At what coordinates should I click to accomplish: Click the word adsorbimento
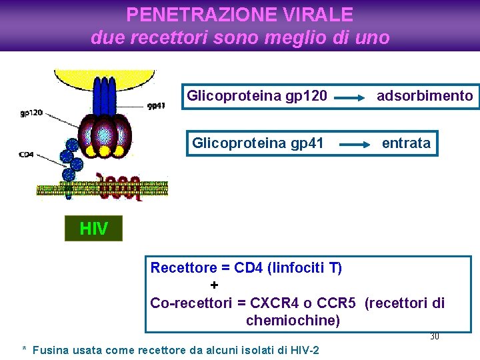click(425, 96)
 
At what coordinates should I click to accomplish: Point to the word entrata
click(406, 143)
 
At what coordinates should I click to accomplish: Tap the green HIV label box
click(93, 229)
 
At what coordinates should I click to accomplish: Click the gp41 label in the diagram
click(156, 105)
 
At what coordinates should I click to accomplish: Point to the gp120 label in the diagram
click(31, 113)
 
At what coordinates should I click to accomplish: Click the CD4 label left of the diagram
click(26, 155)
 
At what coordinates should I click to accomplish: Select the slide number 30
click(434, 337)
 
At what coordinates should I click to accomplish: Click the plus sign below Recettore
click(214, 285)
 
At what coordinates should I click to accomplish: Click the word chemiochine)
click(293, 321)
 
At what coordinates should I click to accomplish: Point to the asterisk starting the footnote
click(25, 349)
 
